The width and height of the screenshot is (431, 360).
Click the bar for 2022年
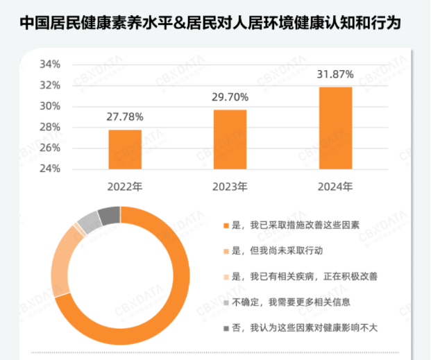(125, 149)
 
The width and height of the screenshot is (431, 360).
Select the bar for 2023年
(230, 139)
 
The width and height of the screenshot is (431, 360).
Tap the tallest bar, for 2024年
(335, 128)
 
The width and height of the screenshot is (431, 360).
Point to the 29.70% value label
(230, 96)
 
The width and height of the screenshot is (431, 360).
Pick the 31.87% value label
(335, 74)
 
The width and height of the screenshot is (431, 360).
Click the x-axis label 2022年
(125, 187)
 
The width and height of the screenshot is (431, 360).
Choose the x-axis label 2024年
(335, 187)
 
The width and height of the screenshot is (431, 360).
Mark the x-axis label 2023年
(230, 187)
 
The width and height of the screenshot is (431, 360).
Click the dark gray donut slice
(110, 216)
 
